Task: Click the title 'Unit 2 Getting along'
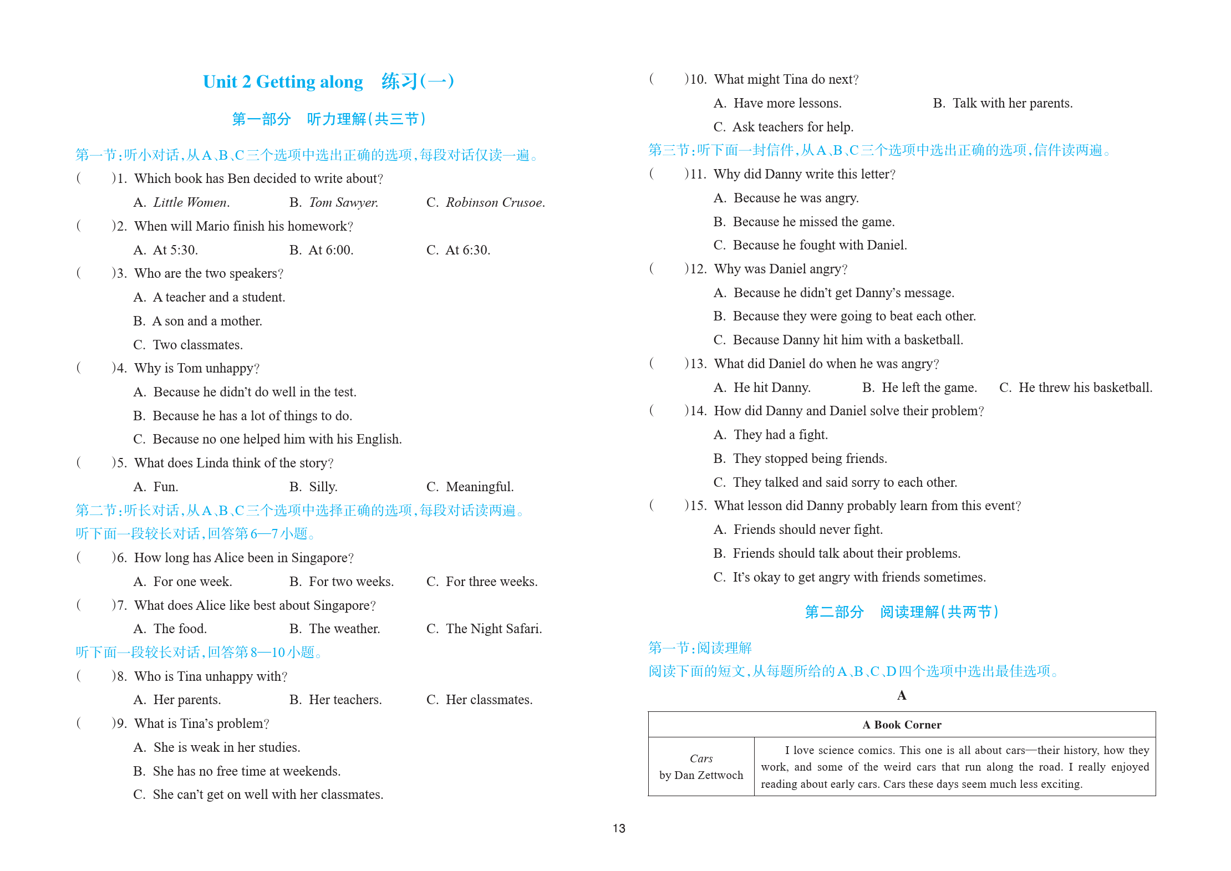[283, 82]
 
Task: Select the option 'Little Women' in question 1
[191, 203]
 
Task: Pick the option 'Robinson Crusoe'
[495, 203]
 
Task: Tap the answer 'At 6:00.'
[330, 250]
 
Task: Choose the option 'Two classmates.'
[197, 345]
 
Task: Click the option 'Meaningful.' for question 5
[479, 487]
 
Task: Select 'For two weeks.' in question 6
[351, 582]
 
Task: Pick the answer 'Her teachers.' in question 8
[345, 700]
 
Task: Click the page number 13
[619, 828]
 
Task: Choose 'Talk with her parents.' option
[1012, 103]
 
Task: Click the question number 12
[698, 269]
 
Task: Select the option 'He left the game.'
[929, 388]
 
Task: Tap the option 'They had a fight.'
[780, 435]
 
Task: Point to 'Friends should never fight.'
[808, 529]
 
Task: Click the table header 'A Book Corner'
[902, 725]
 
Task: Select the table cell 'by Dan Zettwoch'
[701, 775]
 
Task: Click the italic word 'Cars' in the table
[701, 758]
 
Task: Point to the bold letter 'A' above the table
[902, 695]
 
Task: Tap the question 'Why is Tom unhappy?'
[197, 368]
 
